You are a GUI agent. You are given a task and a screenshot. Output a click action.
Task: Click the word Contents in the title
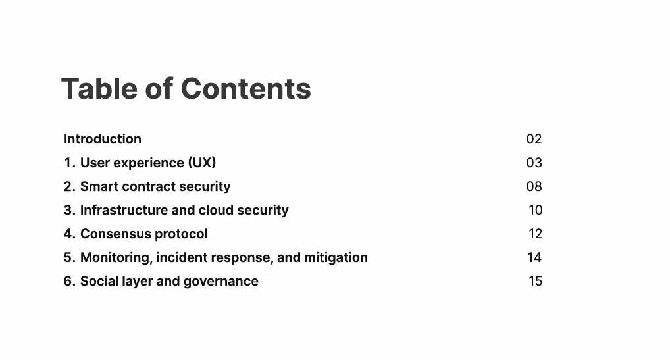pos(245,89)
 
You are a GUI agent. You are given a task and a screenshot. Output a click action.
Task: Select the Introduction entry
pos(103,139)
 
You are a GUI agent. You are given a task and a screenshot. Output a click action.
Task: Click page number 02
pos(534,139)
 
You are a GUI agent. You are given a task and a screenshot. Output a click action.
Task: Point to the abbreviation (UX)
pos(202,163)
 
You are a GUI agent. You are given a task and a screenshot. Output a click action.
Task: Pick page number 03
pos(534,163)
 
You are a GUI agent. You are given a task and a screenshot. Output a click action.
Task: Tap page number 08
pos(534,186)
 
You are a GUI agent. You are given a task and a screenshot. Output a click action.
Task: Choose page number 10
pos(535,210)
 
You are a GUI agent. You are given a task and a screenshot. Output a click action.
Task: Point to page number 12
pos(535,234)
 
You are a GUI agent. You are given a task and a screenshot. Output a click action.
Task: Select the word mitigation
pos(336,257)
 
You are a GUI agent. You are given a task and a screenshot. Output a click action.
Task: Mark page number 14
pos(534,257)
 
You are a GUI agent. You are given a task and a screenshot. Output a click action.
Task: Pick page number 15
pos(535,281)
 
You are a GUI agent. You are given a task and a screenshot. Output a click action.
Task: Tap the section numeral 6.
pos(68,282)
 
